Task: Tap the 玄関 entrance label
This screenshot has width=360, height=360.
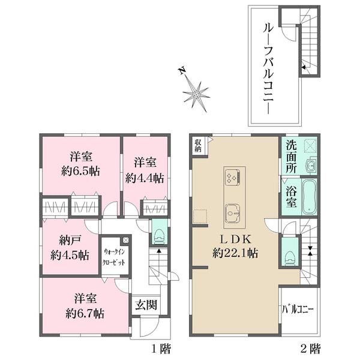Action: (146, 305)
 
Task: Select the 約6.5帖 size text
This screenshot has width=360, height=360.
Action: (80, 171)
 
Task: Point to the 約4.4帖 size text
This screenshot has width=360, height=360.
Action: (145, 178)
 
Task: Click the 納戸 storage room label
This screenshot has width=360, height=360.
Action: (70, 241)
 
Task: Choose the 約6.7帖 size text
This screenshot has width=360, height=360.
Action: (85, 313)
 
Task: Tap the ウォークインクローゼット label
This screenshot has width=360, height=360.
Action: (114, 257)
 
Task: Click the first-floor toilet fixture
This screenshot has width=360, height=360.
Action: (160, 236)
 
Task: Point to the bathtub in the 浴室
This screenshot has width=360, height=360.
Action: (309, 197)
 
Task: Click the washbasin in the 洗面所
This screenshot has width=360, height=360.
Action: (311, 164)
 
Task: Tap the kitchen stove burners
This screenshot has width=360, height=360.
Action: (233, 176)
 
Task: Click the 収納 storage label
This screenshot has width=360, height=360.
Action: (198, 146)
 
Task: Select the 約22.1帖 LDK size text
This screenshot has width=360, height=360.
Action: (235, 253)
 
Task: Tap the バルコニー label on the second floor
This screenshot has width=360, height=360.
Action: (298, 309)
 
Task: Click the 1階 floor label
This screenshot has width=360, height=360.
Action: (161, 349)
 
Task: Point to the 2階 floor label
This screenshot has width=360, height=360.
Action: (310, 349)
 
